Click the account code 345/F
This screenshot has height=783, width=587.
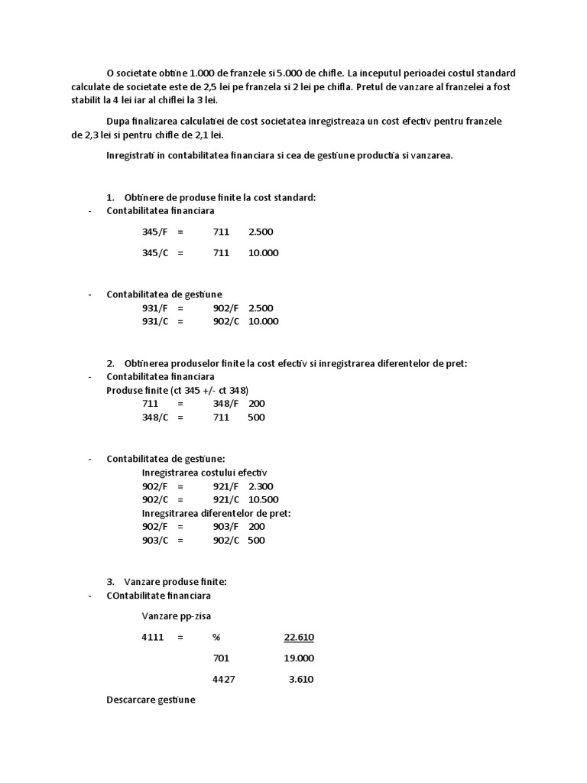(155, 231)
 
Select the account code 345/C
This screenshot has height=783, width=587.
(155, 253)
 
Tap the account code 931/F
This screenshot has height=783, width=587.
(155, 308)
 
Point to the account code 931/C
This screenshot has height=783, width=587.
(155, 322)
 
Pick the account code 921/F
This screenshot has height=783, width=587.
(225, 486)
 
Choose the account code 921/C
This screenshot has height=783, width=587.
(225, 500)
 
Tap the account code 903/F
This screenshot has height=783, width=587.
(225, 527)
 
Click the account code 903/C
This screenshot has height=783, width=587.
(155, 541)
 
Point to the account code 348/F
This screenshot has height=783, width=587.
(225, 404)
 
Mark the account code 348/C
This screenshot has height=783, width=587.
(155, 417)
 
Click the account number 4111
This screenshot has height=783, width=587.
(153, 637)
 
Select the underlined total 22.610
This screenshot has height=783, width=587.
(299, 637)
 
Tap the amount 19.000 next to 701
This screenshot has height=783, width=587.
(299, 658)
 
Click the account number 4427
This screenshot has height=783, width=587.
(223, 679)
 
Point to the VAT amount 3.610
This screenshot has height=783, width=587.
(301, 679)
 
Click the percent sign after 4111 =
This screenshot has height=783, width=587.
(217, 637)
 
